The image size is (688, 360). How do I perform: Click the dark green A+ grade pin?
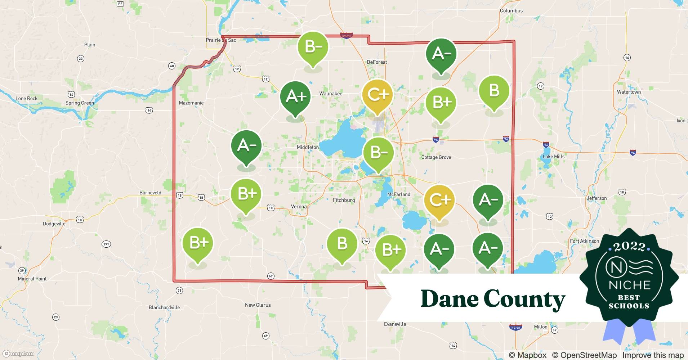(296, 97)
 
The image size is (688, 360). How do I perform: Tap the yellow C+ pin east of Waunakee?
(377, 95)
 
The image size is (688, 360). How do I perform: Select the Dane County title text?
(493, 299)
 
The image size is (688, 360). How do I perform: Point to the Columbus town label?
(511, 11)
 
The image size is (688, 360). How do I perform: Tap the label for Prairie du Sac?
(221, 40)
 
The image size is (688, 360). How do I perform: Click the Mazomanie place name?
(191, 103)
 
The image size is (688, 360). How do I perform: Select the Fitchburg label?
(344, 200)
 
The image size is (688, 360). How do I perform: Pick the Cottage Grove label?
(436, 157)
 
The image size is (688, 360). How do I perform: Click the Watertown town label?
(629, 92)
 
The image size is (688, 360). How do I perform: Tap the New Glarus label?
(258, 305)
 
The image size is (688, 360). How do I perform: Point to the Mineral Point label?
(32, 279)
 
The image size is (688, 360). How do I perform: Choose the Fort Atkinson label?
(584, 241)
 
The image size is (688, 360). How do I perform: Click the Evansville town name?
(395, 324)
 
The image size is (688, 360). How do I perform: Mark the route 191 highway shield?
(106, 244)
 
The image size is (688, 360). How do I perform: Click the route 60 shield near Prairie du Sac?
(172, 66)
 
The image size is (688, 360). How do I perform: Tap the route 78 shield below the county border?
(179, 290)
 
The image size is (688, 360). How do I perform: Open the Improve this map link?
(653, 355)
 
